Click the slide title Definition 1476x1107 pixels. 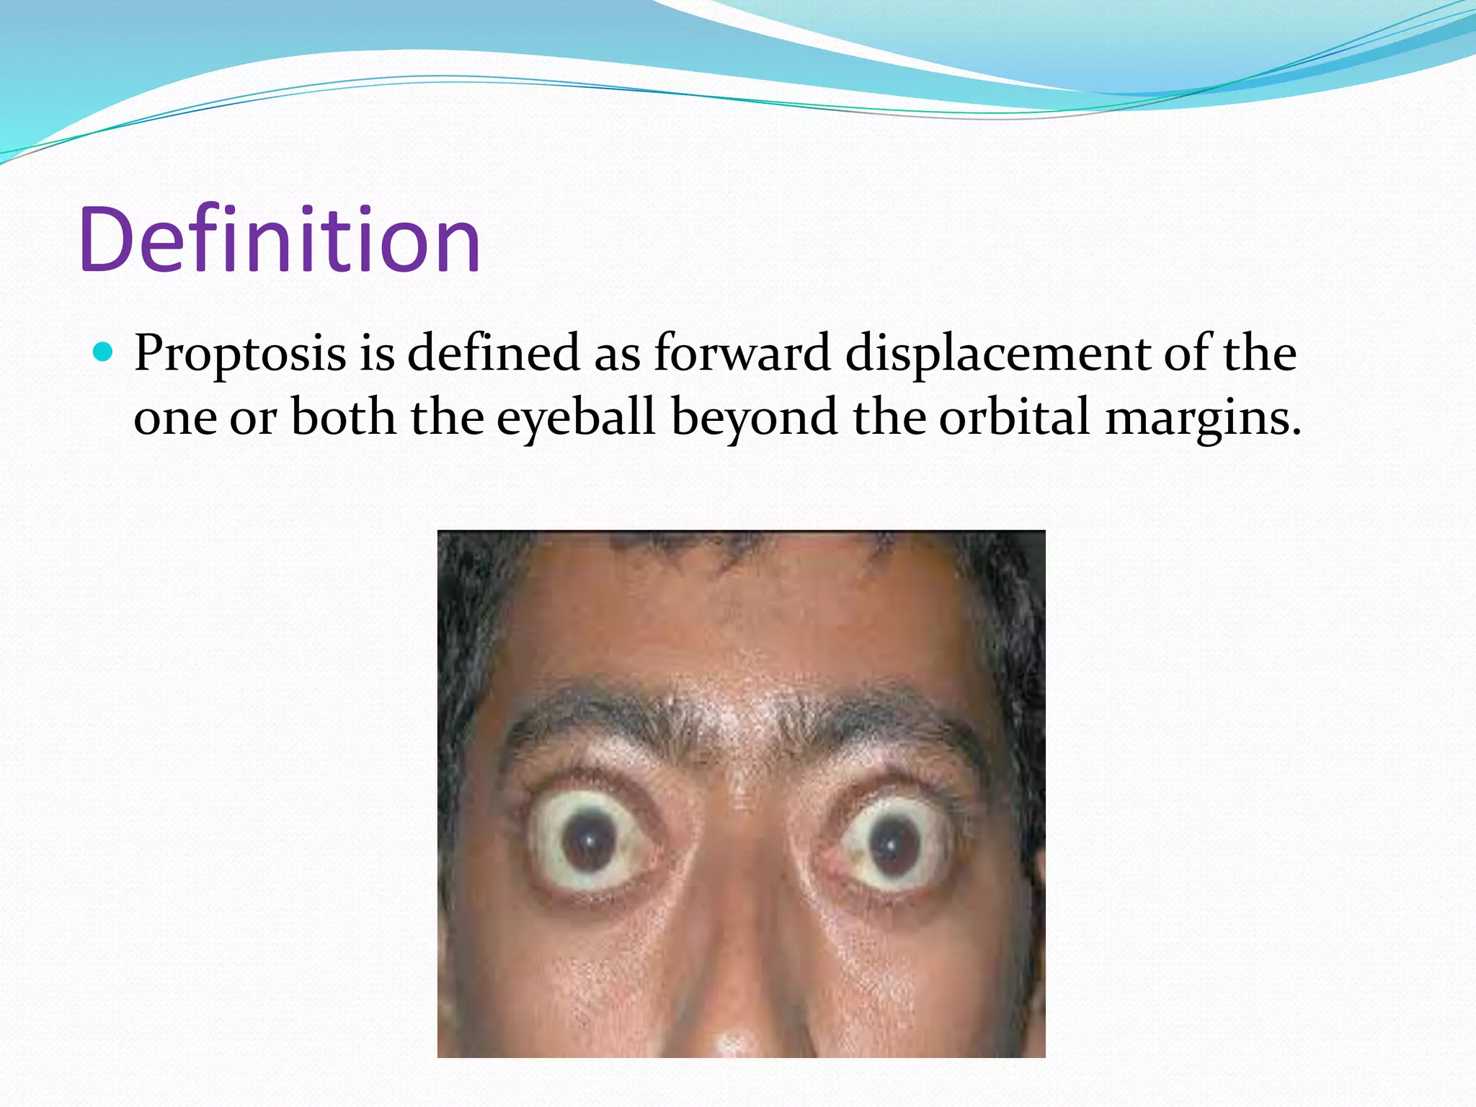[280, 239]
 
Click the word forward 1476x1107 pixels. [742, 353]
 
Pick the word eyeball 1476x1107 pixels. [576, 418]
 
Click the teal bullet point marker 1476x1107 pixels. [104, 352]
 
